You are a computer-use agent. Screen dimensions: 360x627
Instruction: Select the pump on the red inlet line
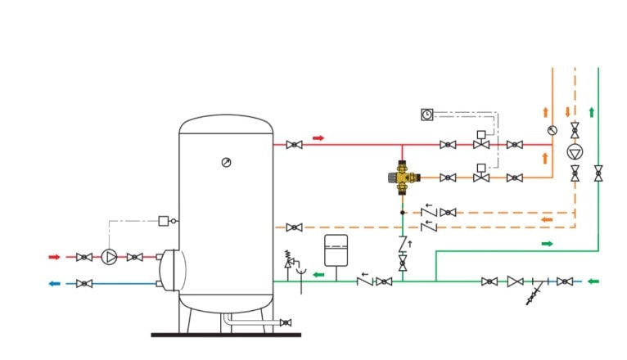pyautogui.click(x=109, y=257)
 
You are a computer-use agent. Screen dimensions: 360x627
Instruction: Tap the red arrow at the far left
pyautogui.click(x=55, y=257)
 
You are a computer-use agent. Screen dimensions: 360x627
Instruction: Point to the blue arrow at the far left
pyautogui.click(x=55, y=284)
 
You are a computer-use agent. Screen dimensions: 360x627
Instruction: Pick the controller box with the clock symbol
pyautogui.click(x=426, y=115)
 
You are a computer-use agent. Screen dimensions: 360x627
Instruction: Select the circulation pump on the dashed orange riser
pyautogui.click(x=575, y=152)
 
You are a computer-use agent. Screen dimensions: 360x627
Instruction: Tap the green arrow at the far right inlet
pyautogui.click(x=594, y=281)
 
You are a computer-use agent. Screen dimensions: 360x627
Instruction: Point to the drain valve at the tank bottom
pyautogui.click(x=285, y=323)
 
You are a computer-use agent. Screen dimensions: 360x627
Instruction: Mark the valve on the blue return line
pyautogui.click(x=83, y=284)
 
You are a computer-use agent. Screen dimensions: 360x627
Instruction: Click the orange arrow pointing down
pyautogui.click(x=567, y=111)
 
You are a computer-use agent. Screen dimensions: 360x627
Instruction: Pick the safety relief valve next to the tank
pyautogui.click(x=288, y=260)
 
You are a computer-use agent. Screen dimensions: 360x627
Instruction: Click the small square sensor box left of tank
pyautogui.click(x=164, y=221)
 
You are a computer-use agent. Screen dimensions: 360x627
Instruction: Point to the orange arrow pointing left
pyautogui.click(x=546, y=219)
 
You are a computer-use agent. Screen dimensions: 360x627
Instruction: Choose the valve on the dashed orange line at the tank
pyautogui.click(x=295, y=227)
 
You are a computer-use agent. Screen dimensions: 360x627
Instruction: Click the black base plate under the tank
pyautogui.click(x=226, y=334)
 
